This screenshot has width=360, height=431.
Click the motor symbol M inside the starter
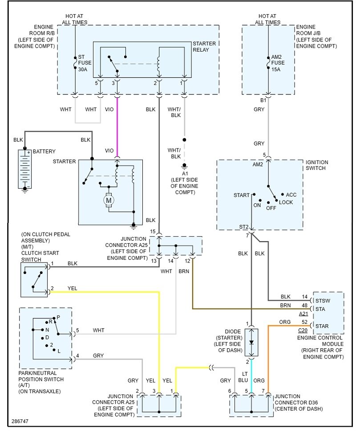click(109, 201)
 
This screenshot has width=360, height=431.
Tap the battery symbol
click(24, 169)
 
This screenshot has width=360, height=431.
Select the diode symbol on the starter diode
click(251, 342)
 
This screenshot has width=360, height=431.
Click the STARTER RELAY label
click(204, 47)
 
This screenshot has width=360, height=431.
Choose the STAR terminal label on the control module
click(322, 326)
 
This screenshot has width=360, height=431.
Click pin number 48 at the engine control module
click(304, 305)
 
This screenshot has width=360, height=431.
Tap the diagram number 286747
click(20, 420)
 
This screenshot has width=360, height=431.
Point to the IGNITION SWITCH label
click(317, 165)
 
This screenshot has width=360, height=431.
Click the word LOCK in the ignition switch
click(286, 202)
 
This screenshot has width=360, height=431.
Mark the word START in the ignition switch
click(241, 195)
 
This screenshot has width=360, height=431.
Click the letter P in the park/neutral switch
click(58, 318)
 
